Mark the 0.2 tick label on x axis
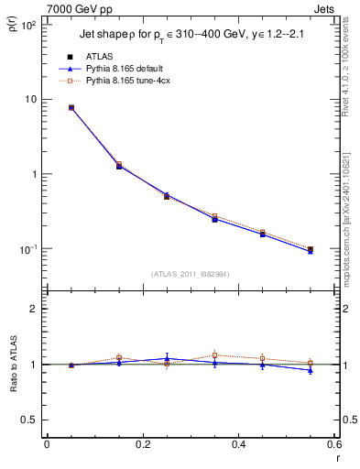click(x=142, y=444)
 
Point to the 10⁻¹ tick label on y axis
click(x=27, y=249)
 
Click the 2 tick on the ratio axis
click(x=33, y=310)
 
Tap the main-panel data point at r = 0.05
click(x=71, y=107)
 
